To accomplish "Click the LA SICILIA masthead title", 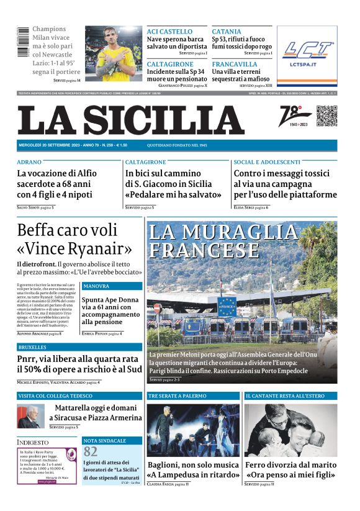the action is (x=140, y=120).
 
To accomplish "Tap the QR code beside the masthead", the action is (x=326, y=115).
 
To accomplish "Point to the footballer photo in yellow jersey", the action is (x=114, y=53).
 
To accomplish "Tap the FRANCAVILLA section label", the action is (x=234, y=64).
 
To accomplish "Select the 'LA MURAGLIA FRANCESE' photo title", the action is (x=222, y=241).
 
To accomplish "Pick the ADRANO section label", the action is (x=30, y=162).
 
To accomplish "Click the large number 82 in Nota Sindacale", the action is (x=91, y=451).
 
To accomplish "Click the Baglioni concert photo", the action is (x=192, y=430).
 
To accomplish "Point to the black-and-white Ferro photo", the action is (x=290, y=430).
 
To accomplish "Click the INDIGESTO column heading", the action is (x=34, y=442).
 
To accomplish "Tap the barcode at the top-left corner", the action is (x=23, y=43).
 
